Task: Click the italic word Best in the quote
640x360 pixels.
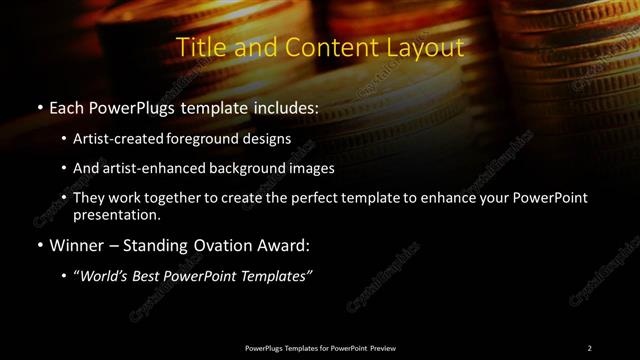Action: pyautogui.click(x=145, y=276)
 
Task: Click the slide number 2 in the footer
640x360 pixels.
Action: pyautogui.click(x=589, y=348)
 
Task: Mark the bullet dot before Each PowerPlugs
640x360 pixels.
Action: pyautogui.click(x=38, y=108)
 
